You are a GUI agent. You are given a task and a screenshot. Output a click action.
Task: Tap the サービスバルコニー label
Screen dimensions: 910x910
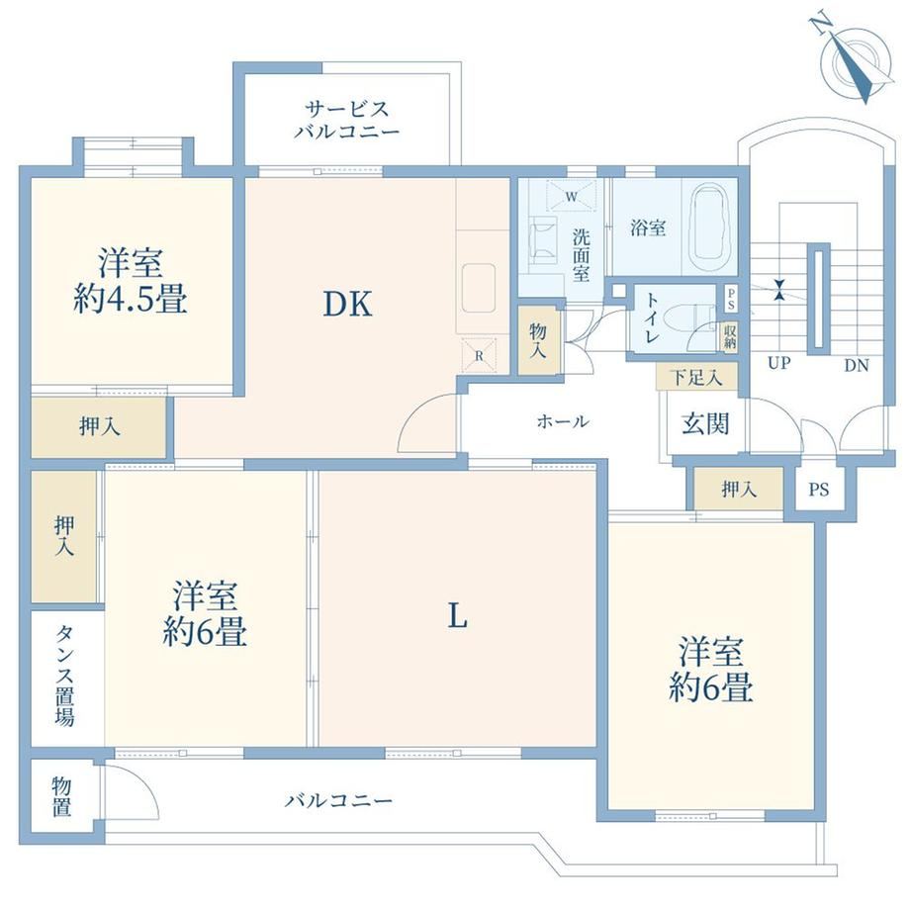[x=347, y=120]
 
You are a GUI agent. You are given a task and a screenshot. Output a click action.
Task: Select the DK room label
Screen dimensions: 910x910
[x=347, y=304]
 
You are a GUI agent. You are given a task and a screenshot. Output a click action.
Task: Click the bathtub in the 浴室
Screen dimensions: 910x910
[x=710, y=228]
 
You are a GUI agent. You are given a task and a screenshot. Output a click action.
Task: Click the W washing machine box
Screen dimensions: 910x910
[x=572, y=196]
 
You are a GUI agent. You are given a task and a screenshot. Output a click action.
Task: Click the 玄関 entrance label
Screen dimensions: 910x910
[x=705, y=423]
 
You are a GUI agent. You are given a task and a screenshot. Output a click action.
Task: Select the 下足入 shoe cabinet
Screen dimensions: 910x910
[x=696, y=378]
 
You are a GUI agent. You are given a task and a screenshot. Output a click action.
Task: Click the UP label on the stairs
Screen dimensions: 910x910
[x=778, y=363]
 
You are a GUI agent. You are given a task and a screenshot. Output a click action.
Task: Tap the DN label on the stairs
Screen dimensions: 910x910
[x=856, y=365]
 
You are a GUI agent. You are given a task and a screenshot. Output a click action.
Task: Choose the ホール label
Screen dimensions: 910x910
[x=563, y=421]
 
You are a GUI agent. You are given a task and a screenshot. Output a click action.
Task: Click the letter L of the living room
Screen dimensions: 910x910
[x=457, y=616]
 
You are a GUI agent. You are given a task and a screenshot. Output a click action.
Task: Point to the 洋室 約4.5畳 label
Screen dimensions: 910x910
[x=130, y=280]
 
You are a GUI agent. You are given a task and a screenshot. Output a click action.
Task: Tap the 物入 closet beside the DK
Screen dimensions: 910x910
[x=539, y=340]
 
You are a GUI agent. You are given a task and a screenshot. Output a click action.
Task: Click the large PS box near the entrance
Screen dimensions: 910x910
[x=819, y=490]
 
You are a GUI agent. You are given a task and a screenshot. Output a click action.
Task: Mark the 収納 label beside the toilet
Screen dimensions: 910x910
[x=730, y=336]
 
